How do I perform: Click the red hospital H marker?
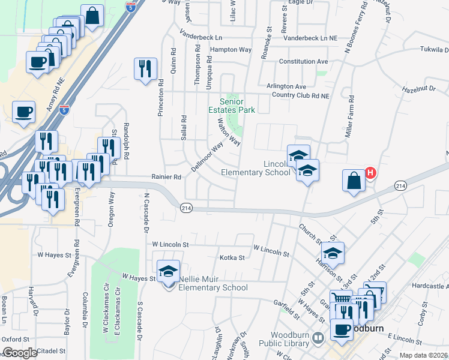370,173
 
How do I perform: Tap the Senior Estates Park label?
231,105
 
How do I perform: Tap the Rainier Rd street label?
166,177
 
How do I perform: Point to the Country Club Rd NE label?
300,95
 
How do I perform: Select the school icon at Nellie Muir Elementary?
168,272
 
